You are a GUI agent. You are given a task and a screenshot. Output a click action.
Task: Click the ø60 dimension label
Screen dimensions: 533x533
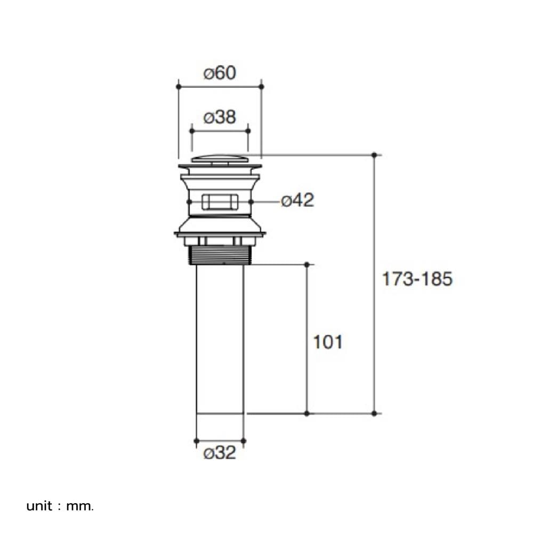(x=220, y=73)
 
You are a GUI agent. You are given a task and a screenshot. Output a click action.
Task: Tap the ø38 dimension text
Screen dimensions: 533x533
(x=220, y=117)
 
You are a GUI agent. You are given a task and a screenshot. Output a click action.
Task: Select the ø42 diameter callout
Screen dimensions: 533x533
(x=298, y=200)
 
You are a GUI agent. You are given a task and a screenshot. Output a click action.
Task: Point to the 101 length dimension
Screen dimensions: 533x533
(x=328, y=342)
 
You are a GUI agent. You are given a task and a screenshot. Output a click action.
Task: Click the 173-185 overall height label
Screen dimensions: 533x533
(x=417, y=279)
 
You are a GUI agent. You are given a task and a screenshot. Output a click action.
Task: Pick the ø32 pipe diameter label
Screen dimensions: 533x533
(x=220, y=453)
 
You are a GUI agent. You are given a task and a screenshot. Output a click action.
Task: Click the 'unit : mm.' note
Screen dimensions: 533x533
(x=60, y=506)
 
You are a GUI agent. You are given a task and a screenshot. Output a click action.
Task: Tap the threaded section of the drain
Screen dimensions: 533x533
(x=220, y=255)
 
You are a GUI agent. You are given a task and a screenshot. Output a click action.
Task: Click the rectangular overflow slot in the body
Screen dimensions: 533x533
(x=220, y=202)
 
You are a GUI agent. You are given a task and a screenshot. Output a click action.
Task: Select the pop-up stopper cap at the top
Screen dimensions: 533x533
(x=220, y=159)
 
